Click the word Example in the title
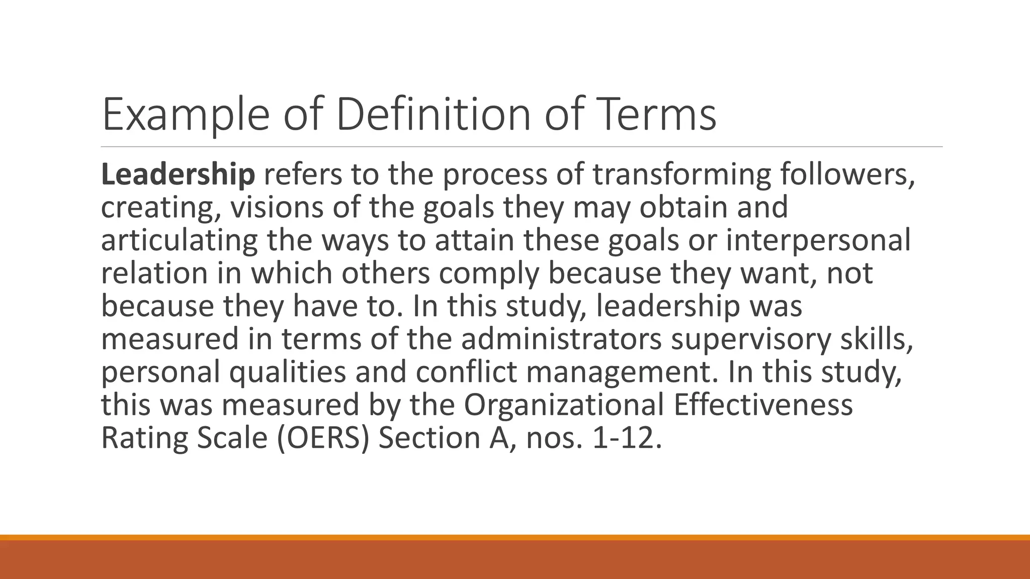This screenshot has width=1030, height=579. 185,116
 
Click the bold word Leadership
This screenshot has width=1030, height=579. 178,175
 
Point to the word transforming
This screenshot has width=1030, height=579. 681,175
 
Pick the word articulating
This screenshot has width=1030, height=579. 179,240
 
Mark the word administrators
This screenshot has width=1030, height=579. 561,339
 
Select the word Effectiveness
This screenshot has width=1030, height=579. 763,404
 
